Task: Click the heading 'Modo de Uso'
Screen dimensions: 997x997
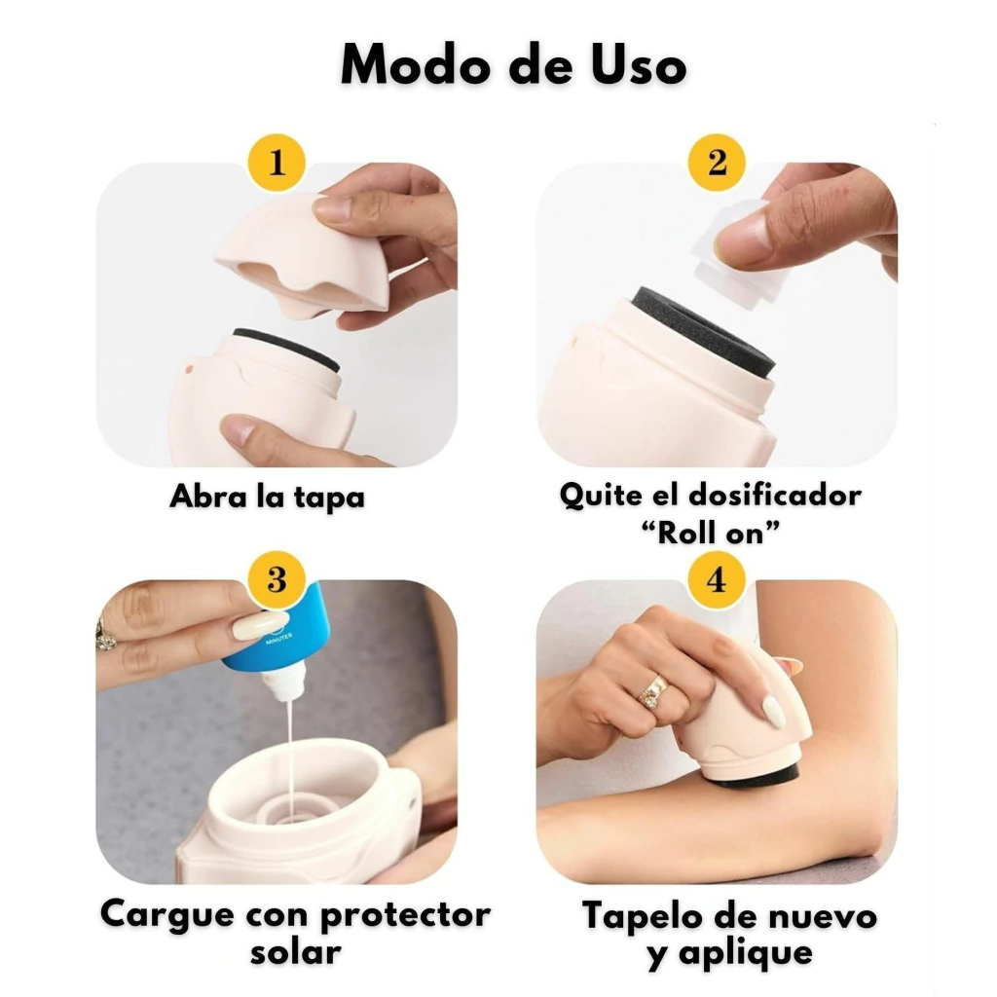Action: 513,64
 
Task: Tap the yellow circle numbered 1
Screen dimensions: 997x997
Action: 277,163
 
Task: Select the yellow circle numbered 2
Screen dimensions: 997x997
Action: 717,163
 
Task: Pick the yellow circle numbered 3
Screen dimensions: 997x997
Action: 277,579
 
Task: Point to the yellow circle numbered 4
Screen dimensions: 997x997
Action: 717,579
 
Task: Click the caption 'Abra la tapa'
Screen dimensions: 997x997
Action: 267,497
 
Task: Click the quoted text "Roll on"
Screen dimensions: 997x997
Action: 710,533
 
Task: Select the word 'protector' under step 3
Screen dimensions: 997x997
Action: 405,915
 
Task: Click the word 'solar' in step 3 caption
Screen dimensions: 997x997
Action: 296,952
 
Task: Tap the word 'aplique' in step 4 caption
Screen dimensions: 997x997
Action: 746,954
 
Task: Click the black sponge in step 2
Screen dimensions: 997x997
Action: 704,332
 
